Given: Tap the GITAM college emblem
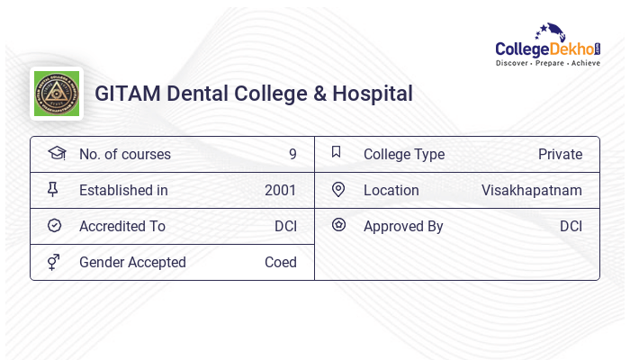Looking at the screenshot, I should [x=56, y=94].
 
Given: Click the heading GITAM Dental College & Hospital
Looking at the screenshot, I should [x=254, y=94].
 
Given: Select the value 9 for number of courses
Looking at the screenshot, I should [x=292, y=154].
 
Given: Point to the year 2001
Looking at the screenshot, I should [x=281, y=190].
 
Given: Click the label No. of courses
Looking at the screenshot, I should [x=124, y=154].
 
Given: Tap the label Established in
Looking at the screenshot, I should [x=123, y=190].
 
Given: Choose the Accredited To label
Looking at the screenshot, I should [x=122, y=226].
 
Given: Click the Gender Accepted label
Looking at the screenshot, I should [x=132, y=262].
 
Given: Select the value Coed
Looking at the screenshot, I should [x=281, y=262].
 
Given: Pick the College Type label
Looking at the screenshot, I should [x=404, y=154].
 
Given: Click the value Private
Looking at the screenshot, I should [x=560, y=154].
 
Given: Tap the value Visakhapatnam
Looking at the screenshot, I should [x=532, y=190].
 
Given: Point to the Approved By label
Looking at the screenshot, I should [x=403, y=226].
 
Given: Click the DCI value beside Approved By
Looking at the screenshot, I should [x=571, y=226].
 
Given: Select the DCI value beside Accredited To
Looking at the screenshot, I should [x=285, y=226].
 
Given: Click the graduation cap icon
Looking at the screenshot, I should [x=56, y=153].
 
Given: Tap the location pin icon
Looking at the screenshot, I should [x=338, y=189].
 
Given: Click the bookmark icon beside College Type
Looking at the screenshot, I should [x=337, y=152].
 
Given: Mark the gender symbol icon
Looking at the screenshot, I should [x=54, y=262].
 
